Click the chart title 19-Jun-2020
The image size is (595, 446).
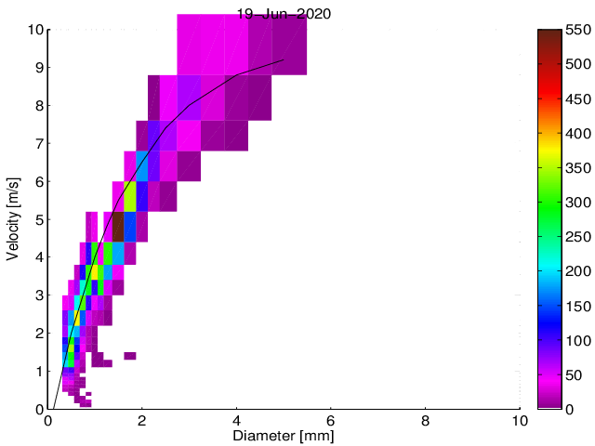284,14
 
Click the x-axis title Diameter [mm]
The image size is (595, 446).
284,435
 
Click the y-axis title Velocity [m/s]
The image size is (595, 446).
13,218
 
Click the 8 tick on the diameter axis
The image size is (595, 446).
425,420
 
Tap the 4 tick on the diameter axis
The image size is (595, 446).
236,420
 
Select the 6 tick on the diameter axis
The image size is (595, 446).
331,420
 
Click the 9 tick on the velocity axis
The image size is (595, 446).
38,68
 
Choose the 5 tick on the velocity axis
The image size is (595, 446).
38,219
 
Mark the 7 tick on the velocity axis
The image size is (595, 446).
38,143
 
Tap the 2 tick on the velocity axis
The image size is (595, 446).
38,333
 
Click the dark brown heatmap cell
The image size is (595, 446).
118,227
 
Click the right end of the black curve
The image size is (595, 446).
284,59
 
